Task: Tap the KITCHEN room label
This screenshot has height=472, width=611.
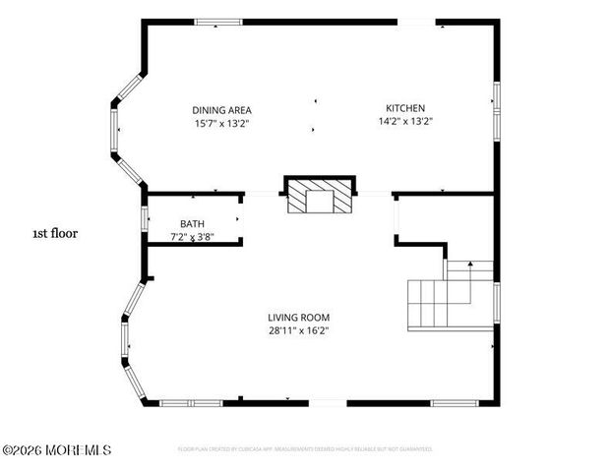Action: coord(405,108)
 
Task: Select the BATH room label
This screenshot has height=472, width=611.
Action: coord(192,224)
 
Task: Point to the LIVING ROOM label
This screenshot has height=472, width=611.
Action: coord(298,318)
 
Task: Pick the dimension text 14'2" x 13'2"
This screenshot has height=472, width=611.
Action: coord(405,121)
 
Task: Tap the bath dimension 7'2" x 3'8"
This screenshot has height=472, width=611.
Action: coord(192,237)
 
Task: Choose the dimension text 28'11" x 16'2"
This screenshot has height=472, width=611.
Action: coord(298,330)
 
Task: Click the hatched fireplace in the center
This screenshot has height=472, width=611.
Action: coord(319,196)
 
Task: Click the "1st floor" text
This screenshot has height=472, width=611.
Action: coord(55,234)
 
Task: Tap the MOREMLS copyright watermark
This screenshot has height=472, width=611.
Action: coord(56,450)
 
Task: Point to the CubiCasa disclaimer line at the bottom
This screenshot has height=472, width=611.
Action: coord(305,449)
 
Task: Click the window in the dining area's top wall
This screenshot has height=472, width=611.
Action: coord(217,22)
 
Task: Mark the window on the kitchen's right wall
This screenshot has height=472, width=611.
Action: coord(497,106)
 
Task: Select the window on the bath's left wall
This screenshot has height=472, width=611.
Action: coord(146,218)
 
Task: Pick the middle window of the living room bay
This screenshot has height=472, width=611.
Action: coord(125,337)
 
